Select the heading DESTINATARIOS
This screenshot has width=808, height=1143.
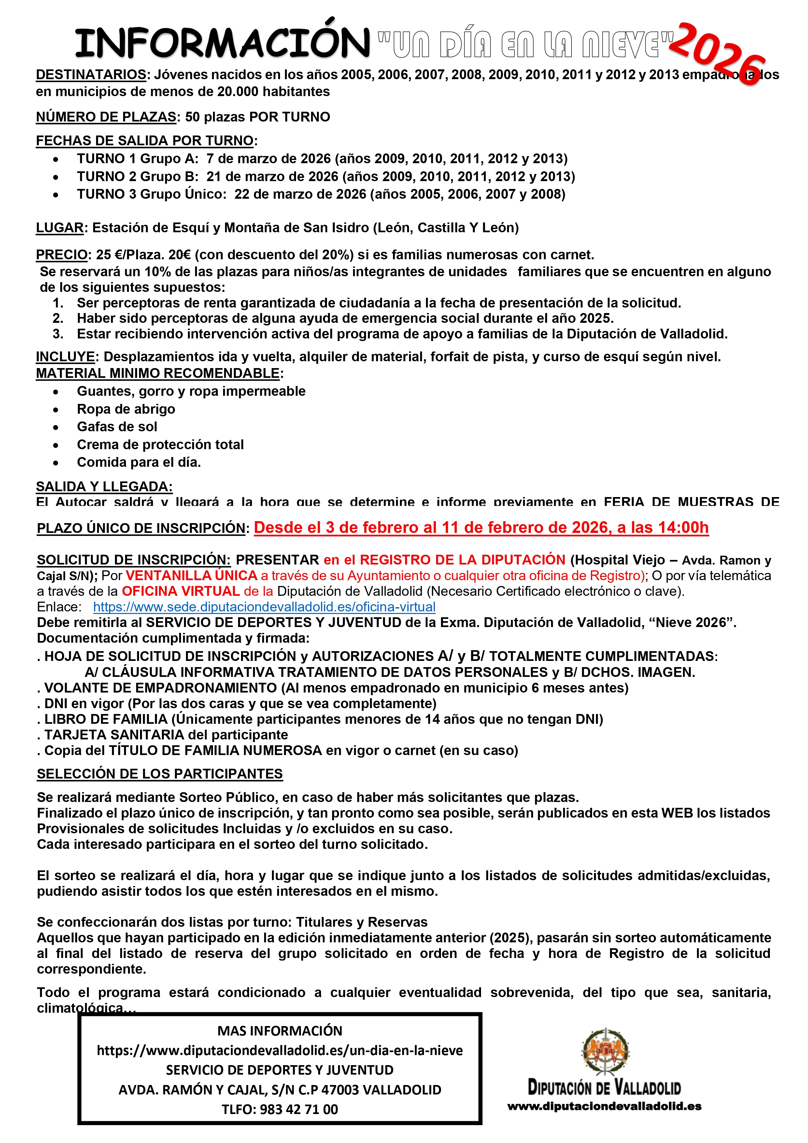[x=91, y=75]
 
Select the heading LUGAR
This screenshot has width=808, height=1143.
[x=60, y=228]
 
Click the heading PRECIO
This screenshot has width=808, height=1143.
[x=62, y=255]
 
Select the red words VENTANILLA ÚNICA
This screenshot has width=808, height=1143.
[x=191, y=576]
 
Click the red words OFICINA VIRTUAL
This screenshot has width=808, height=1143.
[x=181, y=592]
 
